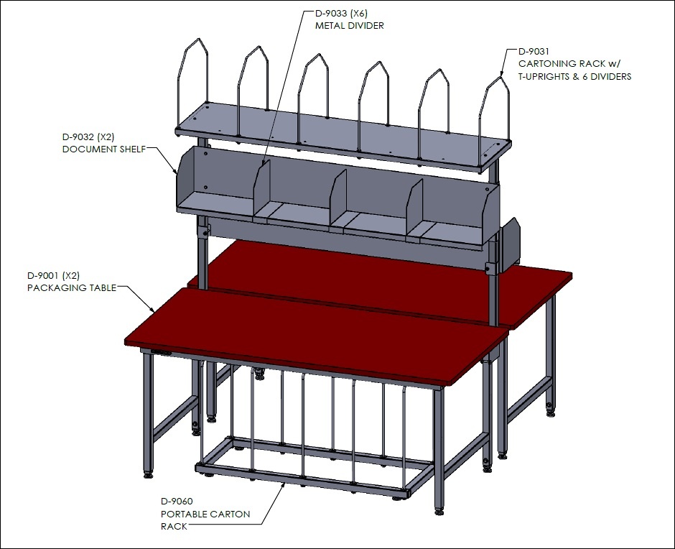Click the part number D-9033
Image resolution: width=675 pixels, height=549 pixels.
[x=330, y=14]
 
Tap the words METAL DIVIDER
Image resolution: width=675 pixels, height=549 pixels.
[x=350, y=26]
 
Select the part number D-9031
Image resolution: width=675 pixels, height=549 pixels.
[x=534, y=52]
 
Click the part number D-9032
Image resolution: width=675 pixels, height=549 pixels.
[x=78, y=137]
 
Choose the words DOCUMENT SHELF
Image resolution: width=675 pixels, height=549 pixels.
[x=104, y=149]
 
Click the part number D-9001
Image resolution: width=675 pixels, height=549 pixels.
[x=42, y=275]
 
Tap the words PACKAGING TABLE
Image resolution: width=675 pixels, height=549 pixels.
[x=72, y=288]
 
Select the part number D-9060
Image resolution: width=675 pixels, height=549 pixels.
[x=177, y=501]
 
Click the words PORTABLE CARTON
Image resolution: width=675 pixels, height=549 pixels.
[x=205, y=514]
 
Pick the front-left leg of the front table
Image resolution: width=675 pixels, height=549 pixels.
[x=148, y=415]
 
